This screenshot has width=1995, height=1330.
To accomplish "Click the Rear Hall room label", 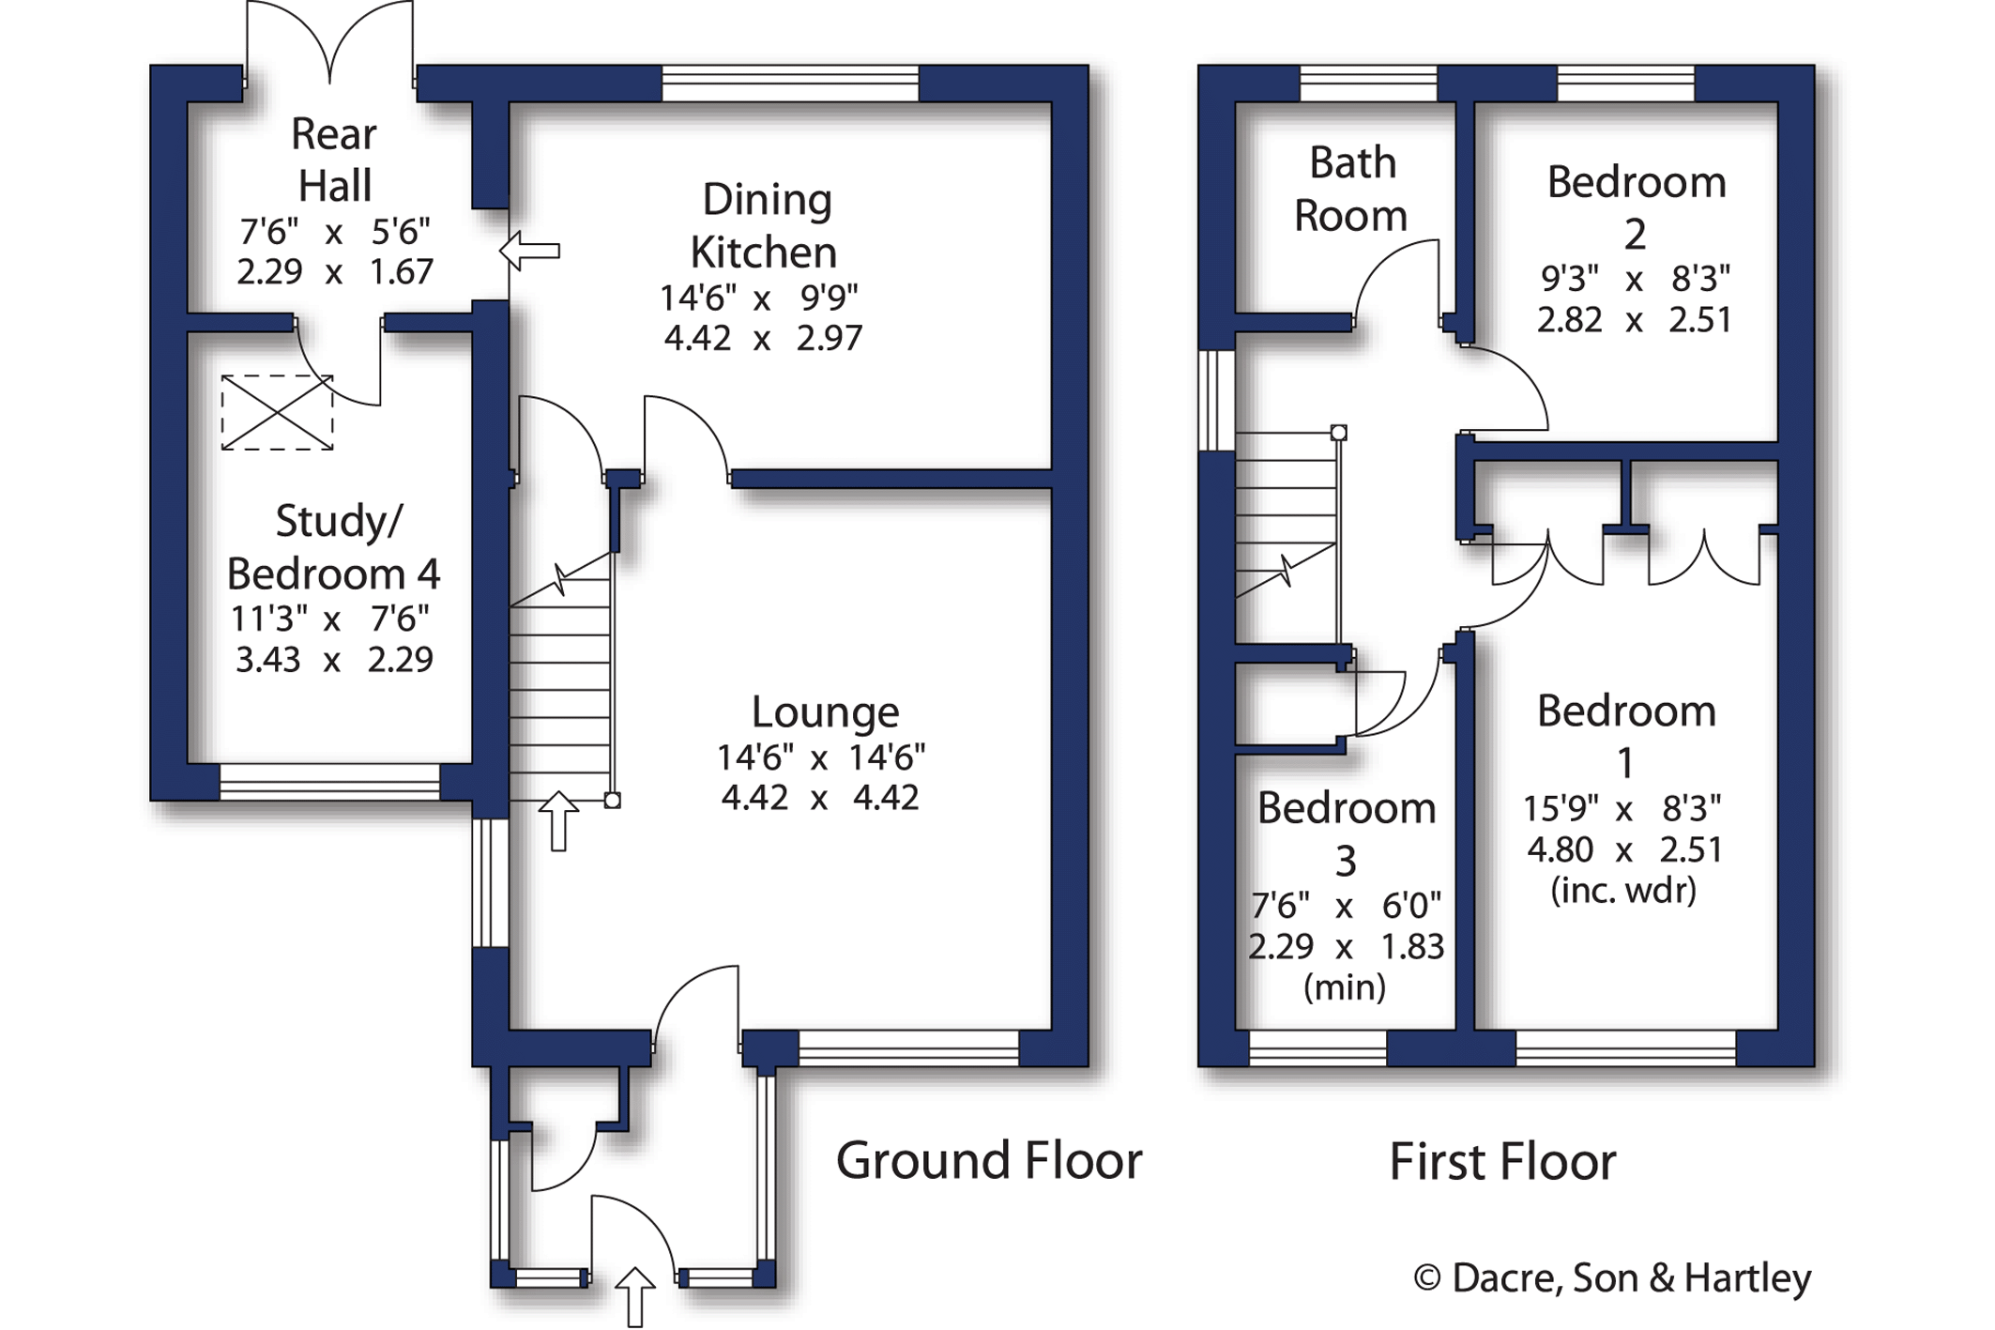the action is pos(334,160).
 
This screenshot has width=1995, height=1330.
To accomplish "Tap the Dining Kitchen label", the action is pos(766,225).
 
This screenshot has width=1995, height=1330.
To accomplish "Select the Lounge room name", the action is pos(825,712).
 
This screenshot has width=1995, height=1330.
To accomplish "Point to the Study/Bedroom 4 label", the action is pos(334,547).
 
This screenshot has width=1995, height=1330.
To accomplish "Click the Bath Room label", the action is pos(1351,190).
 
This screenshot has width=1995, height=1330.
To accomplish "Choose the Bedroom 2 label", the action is pos(1637,207).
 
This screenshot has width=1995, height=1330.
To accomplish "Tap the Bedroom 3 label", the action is pos(1347,833).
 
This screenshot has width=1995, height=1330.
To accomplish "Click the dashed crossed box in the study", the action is pos(277,412).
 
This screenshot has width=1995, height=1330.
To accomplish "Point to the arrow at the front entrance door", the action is pos(634,1296).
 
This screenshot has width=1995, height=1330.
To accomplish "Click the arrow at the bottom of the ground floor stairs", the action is pos(558,821).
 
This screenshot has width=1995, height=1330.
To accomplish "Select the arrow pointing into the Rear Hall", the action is pos(529,252).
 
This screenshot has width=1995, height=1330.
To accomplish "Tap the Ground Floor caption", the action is pos(989,1161).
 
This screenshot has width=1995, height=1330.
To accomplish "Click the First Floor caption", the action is pos(1502,1162).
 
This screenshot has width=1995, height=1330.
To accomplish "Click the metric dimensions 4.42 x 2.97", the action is pos(763,338).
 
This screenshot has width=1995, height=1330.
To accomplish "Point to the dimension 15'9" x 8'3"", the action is pos(1622,808).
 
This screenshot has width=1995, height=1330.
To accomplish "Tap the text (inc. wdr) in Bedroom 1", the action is pos(1623,890).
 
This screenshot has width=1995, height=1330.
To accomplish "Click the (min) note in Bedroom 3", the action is pos(1345,987).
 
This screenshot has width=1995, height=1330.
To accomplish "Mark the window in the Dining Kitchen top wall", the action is pos(790,84).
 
